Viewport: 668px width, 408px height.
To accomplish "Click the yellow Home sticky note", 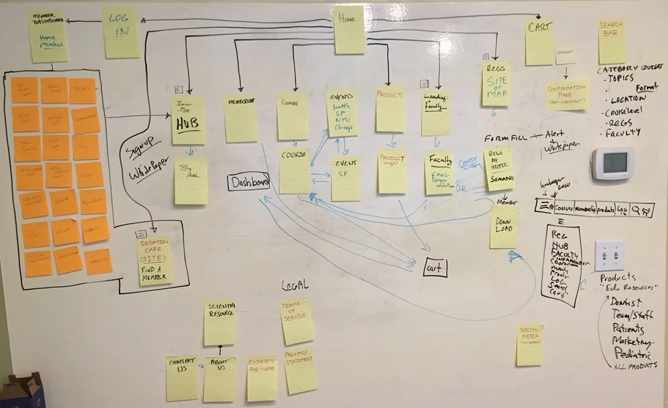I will click(349, 30).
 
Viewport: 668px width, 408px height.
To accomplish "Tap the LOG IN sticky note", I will click(121, 32).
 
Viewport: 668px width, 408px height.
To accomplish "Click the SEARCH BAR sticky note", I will click(611, 42).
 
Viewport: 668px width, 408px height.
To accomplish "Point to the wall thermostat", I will click(613, 163).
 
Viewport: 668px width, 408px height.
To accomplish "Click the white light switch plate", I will click(609, 256).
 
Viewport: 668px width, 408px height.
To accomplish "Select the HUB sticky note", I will click(188, 120).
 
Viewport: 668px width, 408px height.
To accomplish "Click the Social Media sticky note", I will click(530, 345).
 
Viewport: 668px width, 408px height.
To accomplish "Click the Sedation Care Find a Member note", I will click(155, 260).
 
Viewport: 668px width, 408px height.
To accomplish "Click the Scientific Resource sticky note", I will click(220, 323).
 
